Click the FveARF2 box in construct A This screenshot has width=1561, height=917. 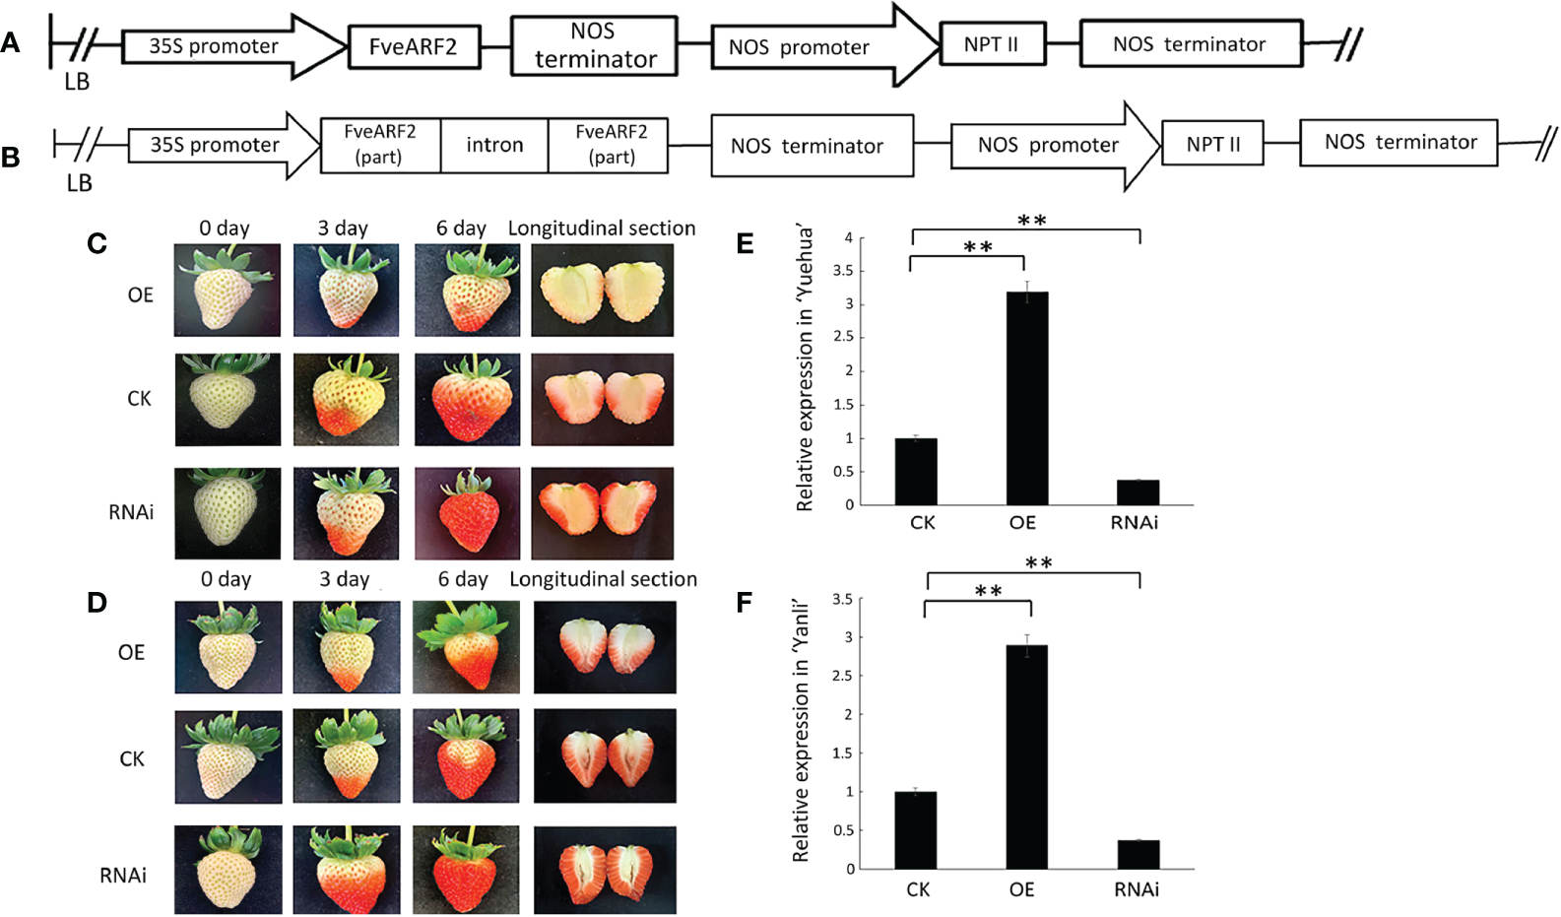(x=414, y=46)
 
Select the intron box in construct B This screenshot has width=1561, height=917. (x=494, y=145)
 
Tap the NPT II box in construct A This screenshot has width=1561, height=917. (x=992, y=44)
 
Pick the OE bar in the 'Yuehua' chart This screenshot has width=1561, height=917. (x=1026, y=398)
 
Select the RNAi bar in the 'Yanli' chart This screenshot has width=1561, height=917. (x=1138, y=854)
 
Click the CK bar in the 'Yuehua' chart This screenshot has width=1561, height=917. (x=916, y=471)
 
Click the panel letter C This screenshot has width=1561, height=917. (x=97, y=243)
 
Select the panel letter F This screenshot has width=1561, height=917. (x=745, y=603)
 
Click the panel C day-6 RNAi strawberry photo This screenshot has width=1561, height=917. (x=467, y=513)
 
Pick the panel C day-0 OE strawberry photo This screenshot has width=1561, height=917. (x=228, y=291)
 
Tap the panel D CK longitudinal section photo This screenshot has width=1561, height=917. (x=605, y=755)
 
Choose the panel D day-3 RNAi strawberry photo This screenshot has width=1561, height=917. (x=347, y=870)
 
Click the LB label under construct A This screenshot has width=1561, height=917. (x=77, y=82)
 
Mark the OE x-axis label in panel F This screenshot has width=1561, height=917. (x=1021, y=889)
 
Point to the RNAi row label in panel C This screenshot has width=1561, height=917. (x=131, y=512)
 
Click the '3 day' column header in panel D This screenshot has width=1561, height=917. (x=344, y=579)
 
